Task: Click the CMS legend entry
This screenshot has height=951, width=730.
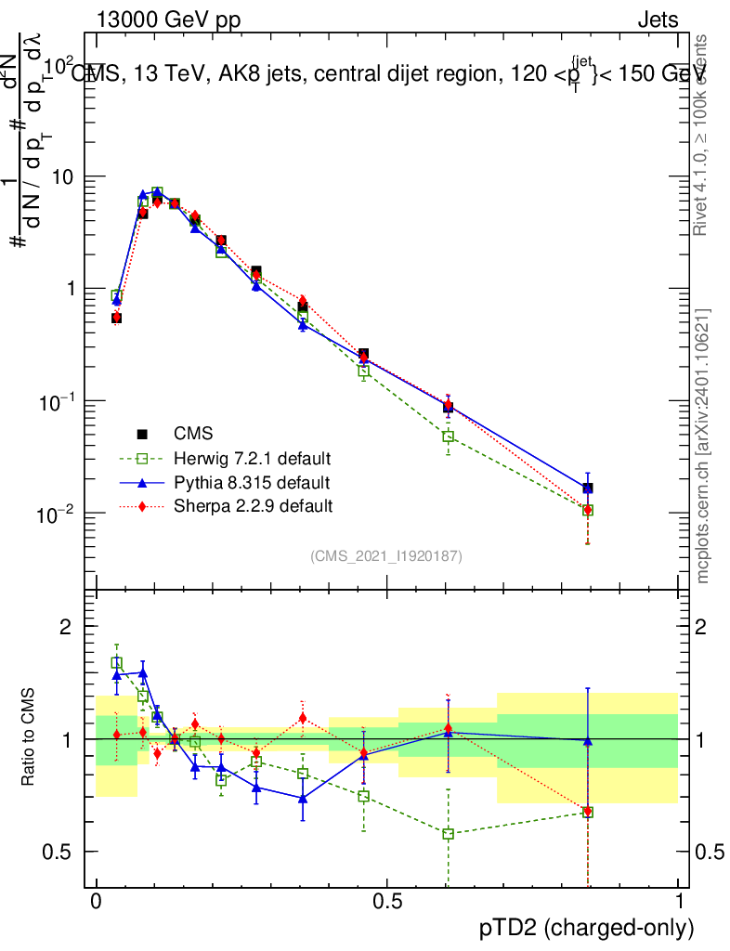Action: (x=193, y=434)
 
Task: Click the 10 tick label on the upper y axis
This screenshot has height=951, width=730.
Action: (x=63, y=177)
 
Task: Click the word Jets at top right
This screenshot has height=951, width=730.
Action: (x=658, y=20)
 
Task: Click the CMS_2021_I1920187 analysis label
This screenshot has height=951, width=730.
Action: (x=386, y=556)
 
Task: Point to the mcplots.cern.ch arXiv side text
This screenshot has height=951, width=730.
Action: (x=704, y=446)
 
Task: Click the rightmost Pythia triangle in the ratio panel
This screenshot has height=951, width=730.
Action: (x=587, y=740)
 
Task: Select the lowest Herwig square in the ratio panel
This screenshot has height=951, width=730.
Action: (x=449, y=834)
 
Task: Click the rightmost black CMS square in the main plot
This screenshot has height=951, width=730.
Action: (x=587, y=489)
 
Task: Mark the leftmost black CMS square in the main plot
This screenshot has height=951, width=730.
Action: (x=117, y=318)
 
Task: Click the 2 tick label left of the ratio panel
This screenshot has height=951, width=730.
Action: (x=66, y=628)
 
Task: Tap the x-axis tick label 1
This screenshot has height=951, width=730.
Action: (x=679, y=903)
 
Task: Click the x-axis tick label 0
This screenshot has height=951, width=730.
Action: (x=97, y=903)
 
